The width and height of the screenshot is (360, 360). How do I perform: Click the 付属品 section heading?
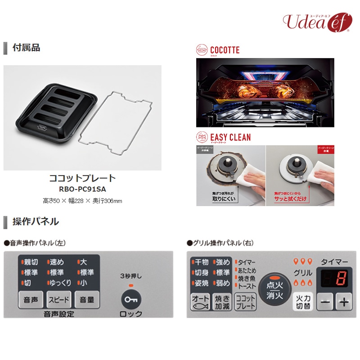[26, 48]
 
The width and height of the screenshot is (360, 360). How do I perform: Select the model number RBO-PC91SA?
[82, 189]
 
